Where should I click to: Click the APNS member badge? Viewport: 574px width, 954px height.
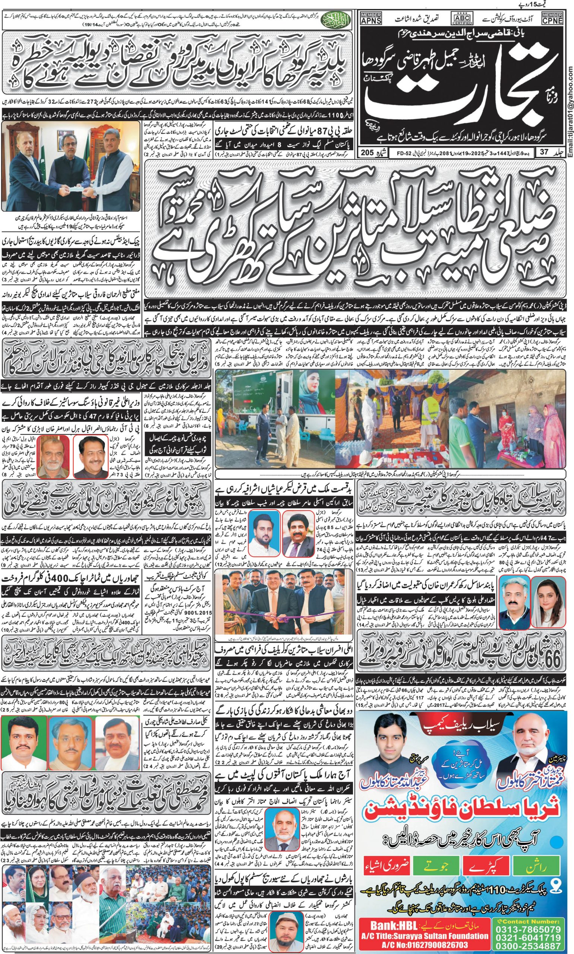tap(370, 18)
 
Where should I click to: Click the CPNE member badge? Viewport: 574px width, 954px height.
tap(552, 18)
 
